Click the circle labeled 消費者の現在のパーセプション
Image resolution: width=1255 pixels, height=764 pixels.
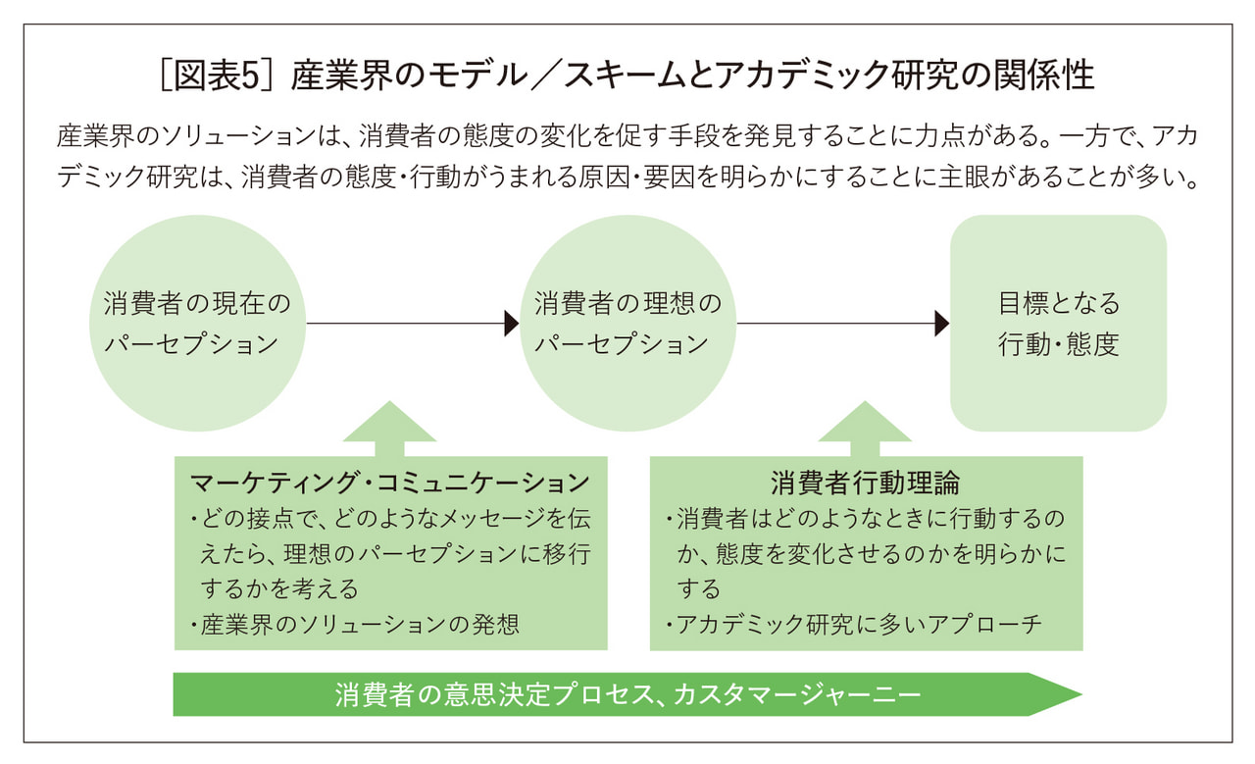[197, 324]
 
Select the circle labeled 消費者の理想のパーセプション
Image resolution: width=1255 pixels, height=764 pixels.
[627, 324]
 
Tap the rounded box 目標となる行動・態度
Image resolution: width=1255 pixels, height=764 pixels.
[1058, 324]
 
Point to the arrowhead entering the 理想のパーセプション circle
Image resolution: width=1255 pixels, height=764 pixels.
[511, 324]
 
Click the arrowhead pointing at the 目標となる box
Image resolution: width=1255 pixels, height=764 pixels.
[942, 324]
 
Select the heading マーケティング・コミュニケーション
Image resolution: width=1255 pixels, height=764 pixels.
[390, 483]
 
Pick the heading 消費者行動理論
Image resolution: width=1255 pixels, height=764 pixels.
[865, 483]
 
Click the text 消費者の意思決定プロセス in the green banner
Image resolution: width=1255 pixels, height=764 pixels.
[490, 695]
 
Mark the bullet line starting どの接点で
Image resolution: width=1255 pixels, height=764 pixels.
[392, 518]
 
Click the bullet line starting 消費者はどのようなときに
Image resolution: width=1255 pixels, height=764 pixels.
[868, 518]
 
